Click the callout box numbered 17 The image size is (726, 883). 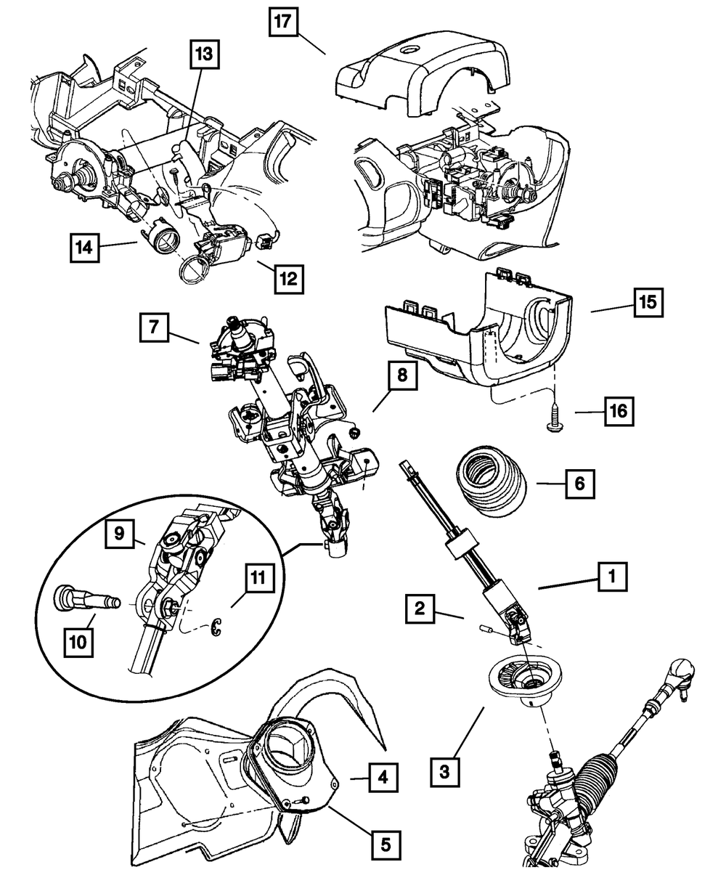[283, 22]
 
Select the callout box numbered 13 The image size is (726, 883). [204, 54]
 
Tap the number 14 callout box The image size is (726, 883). [84, 248]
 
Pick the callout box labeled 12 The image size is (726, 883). [289, 279]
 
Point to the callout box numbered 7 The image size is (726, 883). [154, 327]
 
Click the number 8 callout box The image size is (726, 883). [402, 375]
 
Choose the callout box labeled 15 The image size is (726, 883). [648, 302]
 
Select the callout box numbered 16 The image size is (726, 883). [619, 412]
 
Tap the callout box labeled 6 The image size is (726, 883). [580, 484]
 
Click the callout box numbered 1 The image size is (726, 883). [613, 577]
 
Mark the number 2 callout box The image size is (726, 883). [420, 609]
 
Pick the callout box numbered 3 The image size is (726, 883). [444, 770]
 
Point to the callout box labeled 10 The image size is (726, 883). [78, 642]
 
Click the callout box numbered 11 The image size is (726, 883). [260, 578]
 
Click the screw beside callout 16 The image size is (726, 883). [555, 418]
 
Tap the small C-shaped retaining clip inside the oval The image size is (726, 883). [216, 627]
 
